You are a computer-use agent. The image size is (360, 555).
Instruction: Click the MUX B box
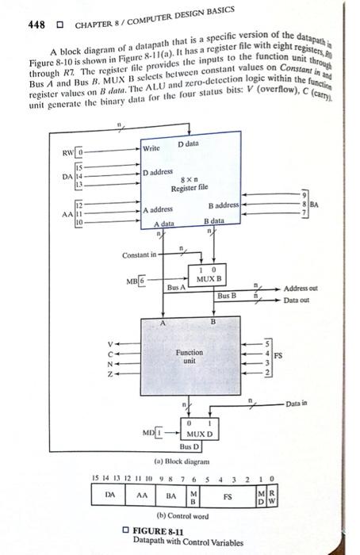[208, 277]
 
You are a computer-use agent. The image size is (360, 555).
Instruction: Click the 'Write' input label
[151, 148]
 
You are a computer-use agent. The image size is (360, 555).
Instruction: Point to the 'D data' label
[189, 144]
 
